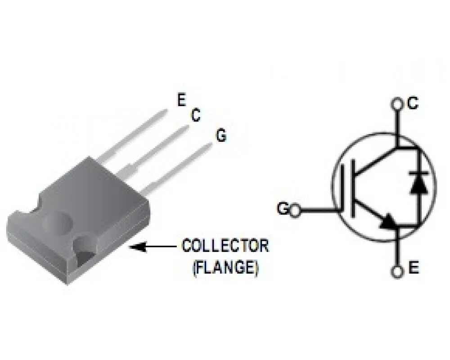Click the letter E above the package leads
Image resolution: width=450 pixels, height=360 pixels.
181,100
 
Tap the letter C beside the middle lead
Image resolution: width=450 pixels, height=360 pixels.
195,116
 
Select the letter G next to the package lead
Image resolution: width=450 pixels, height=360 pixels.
221,135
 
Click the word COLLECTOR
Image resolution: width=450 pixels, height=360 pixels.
225,246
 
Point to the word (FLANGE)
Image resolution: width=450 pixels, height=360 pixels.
225,268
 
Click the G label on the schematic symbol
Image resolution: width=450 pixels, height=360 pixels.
283,209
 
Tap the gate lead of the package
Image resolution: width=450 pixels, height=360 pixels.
180,166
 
